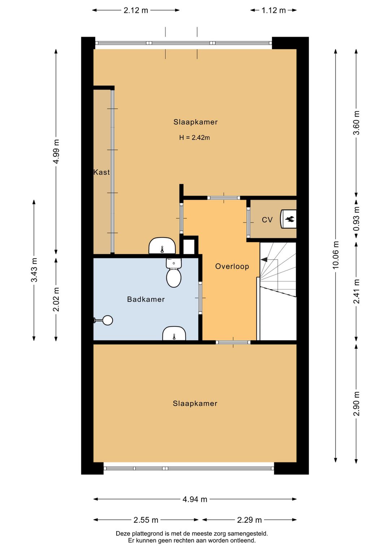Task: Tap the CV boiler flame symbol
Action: (290, 219)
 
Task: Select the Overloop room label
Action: (232, 266)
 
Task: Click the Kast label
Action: (101, 172)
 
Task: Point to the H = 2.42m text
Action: (194, 138)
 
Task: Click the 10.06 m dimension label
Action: (336, 255)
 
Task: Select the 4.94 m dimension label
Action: (195, 499)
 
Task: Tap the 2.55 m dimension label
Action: (146, 520)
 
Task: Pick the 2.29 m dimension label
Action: (249, 520)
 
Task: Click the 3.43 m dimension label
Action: (34, 270)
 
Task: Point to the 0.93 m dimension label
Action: (356, 219)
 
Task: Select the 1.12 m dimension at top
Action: (273, 10)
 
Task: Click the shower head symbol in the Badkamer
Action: (107, 320)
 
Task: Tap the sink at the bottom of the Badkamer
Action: (174, 334)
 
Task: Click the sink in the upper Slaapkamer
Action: (162, 246)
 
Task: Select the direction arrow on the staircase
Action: (264, 259)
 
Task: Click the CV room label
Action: (267, 220)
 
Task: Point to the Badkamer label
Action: (146, 299)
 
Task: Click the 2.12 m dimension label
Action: (136, 10)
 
